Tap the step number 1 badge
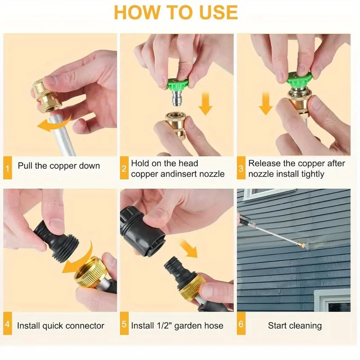coord(8,168)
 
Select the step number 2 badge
coord(124,168)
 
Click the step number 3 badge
coord(241,168)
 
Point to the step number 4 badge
coord(8,324)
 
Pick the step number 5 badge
coord(124,324)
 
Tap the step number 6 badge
coord(241,324)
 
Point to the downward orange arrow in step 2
coord(205,103)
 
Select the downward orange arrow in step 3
coord(265,103)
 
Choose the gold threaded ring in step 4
coord(90,272)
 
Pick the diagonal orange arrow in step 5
coord(189,248)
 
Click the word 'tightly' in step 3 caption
coord(313,174)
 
